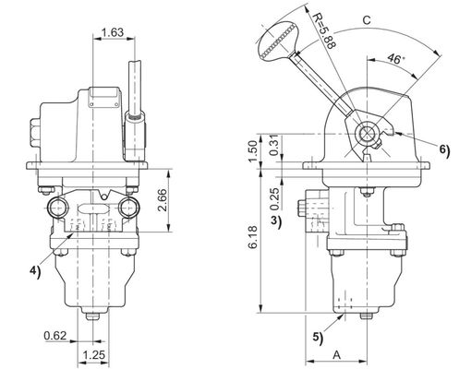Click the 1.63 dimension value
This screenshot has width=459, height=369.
point(112,33)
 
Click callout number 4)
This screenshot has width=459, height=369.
point(34,270)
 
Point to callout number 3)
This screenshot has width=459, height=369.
point(276,221)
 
